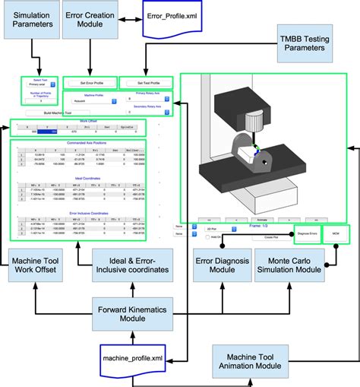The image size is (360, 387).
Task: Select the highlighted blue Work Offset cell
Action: click(48, 132)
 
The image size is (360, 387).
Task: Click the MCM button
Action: click(335, 234)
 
